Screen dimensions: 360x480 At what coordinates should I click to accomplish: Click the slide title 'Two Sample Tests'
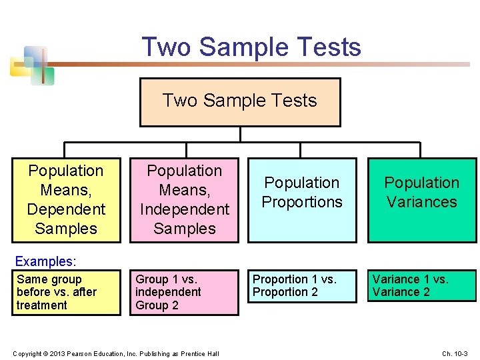click(x=251, y=47)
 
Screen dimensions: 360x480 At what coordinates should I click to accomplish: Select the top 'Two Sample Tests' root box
click(x=240, y=102)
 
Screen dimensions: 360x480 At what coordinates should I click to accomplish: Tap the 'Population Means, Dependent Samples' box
click(x=66, y=200)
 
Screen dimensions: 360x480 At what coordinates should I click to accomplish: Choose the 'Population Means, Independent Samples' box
click(x=185, y=200)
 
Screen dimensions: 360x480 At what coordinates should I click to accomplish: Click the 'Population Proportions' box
click(x=302, y=200)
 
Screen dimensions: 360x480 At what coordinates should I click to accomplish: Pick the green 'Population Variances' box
click(x=422, y=200)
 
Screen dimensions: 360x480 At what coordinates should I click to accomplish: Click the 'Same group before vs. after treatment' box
click(x=66, y=293)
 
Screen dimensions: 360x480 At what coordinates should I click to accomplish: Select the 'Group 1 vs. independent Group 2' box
click(x=185, y=293)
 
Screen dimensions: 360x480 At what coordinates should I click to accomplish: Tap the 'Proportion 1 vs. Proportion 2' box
click(x=302, y=286)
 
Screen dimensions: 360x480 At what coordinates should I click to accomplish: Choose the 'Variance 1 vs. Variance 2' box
click(x=423, y=286)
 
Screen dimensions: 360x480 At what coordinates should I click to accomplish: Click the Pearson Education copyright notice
click(x=115, y=353)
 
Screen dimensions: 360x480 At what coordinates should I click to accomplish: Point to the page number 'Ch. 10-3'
click(x=455, y=353)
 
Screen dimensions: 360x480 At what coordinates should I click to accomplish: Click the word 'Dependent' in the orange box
click(x=66, y=209)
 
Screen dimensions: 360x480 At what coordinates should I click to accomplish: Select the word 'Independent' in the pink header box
click(x=185, y=209)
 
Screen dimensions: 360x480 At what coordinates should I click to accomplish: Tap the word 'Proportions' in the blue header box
click(x=302, y=202)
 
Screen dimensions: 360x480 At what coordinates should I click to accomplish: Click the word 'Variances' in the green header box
click(x=422, y=202)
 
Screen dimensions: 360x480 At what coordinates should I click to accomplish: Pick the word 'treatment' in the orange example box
click(x=42, y=305)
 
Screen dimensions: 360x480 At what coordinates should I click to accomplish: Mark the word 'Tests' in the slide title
click(x=331, y=47)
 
